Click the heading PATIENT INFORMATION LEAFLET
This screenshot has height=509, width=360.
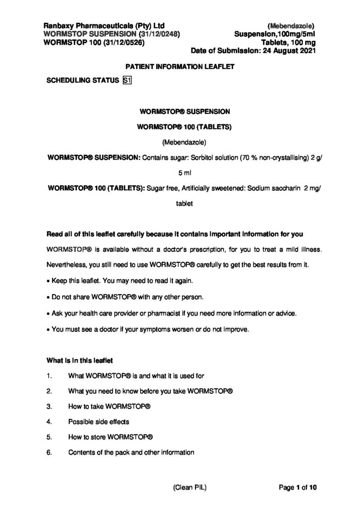click(x=180, y=67)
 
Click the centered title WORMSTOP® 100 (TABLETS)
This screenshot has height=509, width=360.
click(x=180, y=127)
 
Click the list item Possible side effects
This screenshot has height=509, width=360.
click(x=98, y=422)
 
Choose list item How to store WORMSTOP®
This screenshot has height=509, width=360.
click(x=110, y=437)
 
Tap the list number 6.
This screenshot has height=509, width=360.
click(x=49, y=453)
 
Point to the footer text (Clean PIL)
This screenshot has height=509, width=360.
click(x=189, y=488)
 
